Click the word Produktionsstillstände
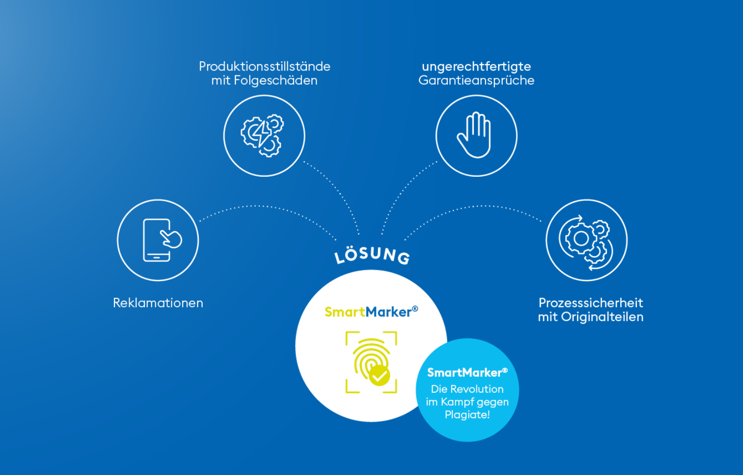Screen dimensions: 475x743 [264, 67]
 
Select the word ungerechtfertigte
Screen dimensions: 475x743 [476, 67]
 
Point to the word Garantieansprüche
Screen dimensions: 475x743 [476, 80]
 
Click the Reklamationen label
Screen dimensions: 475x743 [158, 303]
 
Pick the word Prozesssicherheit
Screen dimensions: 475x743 [591, 303]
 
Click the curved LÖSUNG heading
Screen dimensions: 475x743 [372, 255]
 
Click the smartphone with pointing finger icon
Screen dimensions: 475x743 [159, 240]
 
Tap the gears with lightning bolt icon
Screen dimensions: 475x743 [262, 135]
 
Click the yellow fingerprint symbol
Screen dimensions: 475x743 [368, 360]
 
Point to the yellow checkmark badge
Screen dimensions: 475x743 [379, 376]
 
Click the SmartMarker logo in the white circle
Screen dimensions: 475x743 [371, 312]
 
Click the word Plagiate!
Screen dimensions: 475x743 [467, 415]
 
